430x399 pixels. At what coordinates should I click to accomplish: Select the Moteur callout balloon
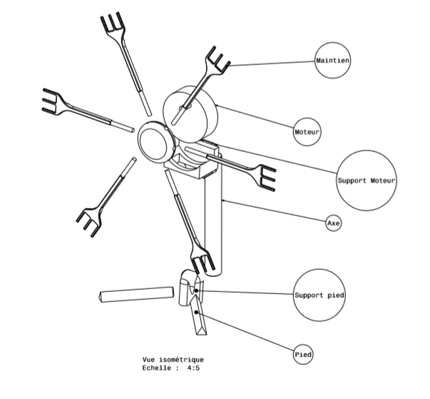(308, 132)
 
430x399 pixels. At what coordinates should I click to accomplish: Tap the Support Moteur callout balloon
(366, 181)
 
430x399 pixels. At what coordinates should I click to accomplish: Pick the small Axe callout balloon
(334, 223)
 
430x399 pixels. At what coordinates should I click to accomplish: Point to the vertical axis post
(214, 221)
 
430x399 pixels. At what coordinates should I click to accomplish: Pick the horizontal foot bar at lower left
(135, 293)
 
